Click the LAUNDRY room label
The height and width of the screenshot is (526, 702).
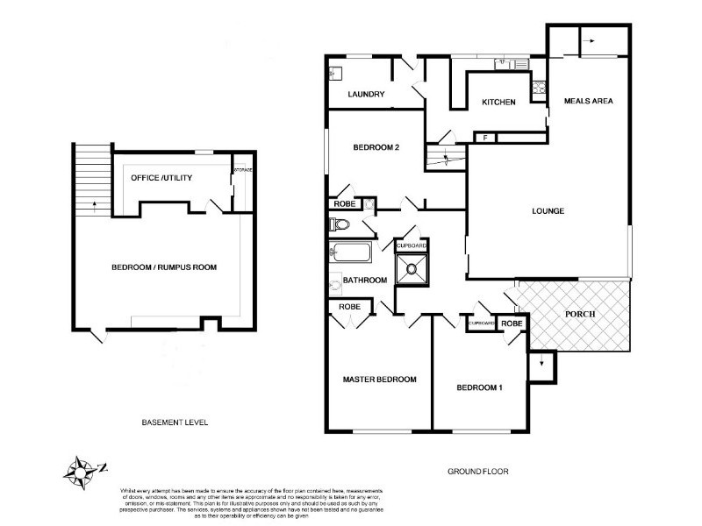[x=366, y=94]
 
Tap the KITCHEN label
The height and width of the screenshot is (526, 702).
[x=498, y=103]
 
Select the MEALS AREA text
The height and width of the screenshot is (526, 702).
[x=588, y=101]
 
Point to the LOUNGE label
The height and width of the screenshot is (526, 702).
[x=547, y=210]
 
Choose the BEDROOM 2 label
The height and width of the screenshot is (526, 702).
[x=376, y=147]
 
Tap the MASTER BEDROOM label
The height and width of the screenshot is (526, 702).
[x=378, y=380]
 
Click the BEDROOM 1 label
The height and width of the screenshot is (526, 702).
[x=479, y=387]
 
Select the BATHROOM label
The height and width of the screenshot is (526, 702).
[x=365, y=281]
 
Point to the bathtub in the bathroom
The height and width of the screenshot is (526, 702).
[x=350, y=255]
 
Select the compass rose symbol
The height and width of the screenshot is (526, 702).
[x=81, y=470]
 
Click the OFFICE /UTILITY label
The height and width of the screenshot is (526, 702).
[x=161, y=178]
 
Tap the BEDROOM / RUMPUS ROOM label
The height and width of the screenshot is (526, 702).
[x=164, y=267]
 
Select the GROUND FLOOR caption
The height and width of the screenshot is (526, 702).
[x=478, y=471]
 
